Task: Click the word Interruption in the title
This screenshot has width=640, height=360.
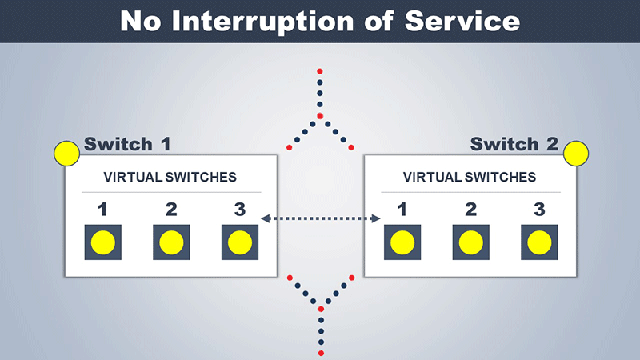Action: click(263, 22)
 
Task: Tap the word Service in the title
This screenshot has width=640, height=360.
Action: click(462, 21)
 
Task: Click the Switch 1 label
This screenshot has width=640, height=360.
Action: click(127, 144)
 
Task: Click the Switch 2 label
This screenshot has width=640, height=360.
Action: click(514, 144)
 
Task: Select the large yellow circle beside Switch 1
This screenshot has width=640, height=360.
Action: click(66, 154)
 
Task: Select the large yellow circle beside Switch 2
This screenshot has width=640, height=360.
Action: click(576, 154)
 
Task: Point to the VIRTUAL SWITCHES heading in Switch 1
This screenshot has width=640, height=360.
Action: click(170, 177)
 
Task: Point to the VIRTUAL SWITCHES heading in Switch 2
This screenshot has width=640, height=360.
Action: click(470, 177)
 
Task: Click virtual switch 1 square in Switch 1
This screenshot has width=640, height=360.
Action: click(103, 242)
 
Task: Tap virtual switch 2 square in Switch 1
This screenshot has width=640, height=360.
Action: click(171, 242)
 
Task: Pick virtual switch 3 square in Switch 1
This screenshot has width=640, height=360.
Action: click(240, 242)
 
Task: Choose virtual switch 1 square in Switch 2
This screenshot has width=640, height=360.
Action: click(402, 242)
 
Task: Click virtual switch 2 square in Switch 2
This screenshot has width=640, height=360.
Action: click(471, 242)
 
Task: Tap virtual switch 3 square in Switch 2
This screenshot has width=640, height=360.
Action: click(539, 242)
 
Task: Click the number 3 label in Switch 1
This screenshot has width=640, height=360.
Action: click(240, 210)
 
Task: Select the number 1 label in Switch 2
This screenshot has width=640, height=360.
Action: click(402, 210)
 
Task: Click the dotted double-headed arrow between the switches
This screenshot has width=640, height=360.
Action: click(321, 218)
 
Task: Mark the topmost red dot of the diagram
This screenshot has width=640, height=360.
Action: click(319, 71)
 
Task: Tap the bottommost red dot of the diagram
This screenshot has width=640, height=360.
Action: click(321, 353)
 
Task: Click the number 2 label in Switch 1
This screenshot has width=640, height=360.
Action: click(171, 210)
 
